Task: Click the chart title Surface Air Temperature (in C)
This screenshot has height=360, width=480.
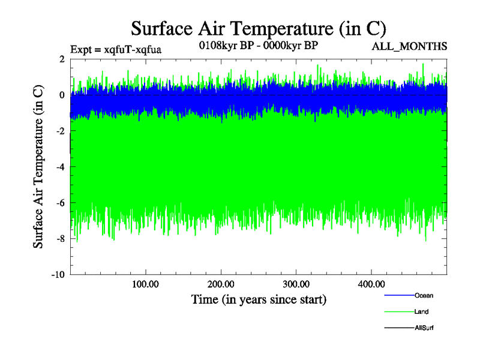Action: coord(258,28)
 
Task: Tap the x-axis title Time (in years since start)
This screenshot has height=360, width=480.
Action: coord(259,298)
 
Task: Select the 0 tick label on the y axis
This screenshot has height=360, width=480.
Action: coord(62,95)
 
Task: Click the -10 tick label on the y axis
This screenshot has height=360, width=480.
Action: coord(58,275)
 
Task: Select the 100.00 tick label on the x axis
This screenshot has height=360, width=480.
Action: coord(145,284)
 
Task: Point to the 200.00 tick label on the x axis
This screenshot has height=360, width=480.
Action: coord(221,284)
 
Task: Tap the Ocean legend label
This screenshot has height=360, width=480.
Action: coord(423,296)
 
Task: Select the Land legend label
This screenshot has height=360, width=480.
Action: coord(421,312)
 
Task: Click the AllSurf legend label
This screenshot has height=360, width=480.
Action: coord(424,328)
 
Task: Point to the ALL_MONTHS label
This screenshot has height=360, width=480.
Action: coord(410,47)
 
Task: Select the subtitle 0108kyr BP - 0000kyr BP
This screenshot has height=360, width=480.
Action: coord(259,44)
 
